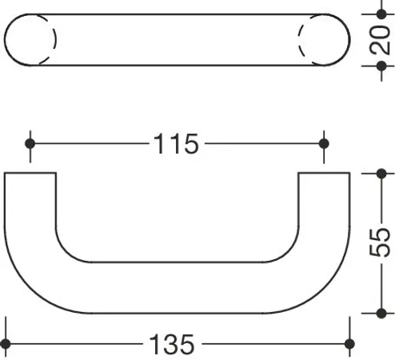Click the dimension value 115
pos(176,144)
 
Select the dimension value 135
pos(172,344)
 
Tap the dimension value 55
pos(381,242)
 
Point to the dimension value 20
pos(381,40)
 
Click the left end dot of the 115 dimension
pos(30,144)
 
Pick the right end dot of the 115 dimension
pos(324,144)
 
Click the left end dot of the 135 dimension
pos(6,344)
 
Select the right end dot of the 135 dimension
pos(349,344)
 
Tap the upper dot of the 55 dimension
pos(381,174)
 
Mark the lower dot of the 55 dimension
pos(381,314)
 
